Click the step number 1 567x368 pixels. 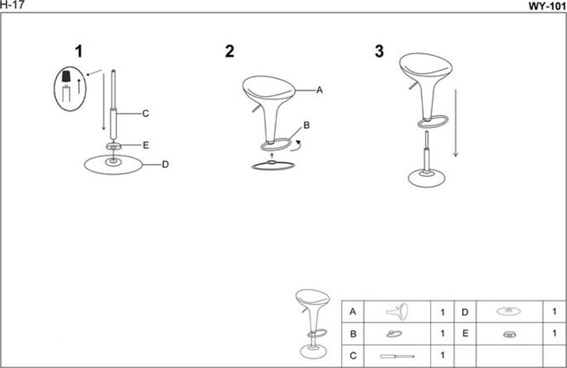79,52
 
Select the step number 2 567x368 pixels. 230,52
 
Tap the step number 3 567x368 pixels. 379,52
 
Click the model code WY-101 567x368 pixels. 547,6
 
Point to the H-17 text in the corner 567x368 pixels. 11,5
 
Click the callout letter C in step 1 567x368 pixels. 146,114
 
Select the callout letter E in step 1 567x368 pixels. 146,145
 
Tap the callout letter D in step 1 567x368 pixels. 165,165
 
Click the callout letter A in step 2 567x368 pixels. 320,90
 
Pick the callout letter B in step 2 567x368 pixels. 307,125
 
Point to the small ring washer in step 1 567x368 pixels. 114,147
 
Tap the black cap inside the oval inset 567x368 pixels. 67,77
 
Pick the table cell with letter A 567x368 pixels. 353,312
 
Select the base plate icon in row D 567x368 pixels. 508,312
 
